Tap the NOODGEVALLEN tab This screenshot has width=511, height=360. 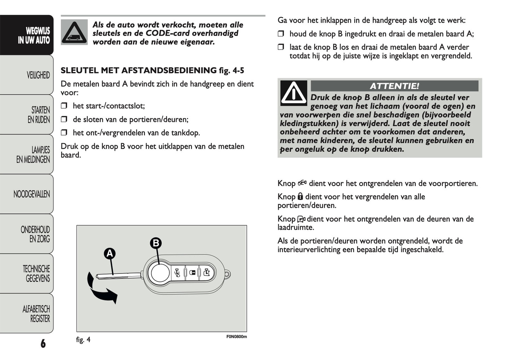click(x=31, y=194)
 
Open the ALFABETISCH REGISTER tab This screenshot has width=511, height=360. click(x=36, y=314)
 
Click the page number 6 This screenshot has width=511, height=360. click(x=43, y=343)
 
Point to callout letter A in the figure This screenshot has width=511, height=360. click(x=110, y=254)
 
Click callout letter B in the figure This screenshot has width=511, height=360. click(x=156, y=243)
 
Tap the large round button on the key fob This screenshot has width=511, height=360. click(x=159, y=273)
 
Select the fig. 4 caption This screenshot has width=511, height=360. click(x=83, y=340)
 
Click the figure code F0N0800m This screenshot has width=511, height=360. click(x=236, y=337)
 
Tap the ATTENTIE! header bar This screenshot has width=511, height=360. click(x=394, y=86)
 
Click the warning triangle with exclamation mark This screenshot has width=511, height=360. click(x=294, y=93)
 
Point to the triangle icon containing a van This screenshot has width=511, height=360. click(x=74, y=33)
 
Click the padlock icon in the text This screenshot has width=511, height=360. click(x=300, y=197)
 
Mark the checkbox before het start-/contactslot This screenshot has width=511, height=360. click(x=64, y=106)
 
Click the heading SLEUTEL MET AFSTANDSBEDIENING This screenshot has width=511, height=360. click(x=138, y=70)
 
